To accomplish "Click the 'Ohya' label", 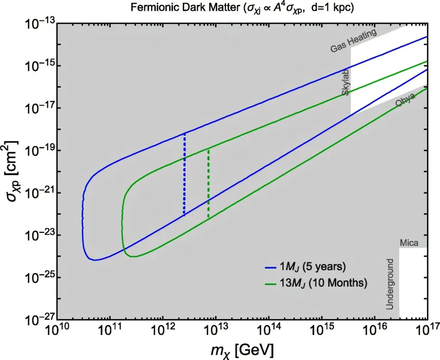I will tap(405, 100).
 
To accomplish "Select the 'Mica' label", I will tap(409, 242).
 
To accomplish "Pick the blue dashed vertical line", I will tap(184, 174).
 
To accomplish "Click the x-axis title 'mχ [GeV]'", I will tap(241, 350).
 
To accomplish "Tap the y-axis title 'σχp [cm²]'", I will tap(12, 171).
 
